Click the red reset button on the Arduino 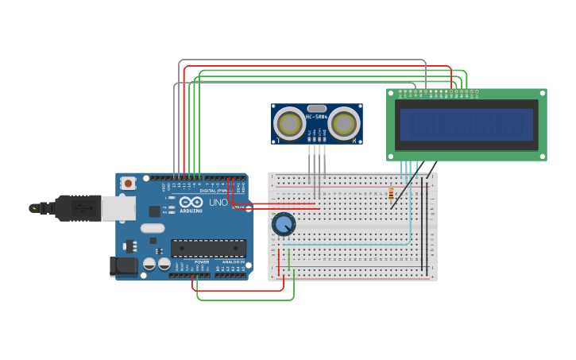point(128,183)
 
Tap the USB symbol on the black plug point(83,208)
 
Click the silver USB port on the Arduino point(118,208)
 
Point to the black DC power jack point(124,266)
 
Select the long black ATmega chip point(208,248)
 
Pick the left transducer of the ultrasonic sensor point(291,124)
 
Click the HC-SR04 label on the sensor point(317,117)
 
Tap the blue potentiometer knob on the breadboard point(284,224)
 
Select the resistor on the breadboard point(391,193)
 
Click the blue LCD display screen point(466,125)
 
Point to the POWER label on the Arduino point(202,261)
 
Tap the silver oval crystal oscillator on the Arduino point(153,228)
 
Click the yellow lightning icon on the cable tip point(33,208)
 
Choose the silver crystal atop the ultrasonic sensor point(317,108)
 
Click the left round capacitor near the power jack point(149,263)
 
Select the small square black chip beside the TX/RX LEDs point(154,211)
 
